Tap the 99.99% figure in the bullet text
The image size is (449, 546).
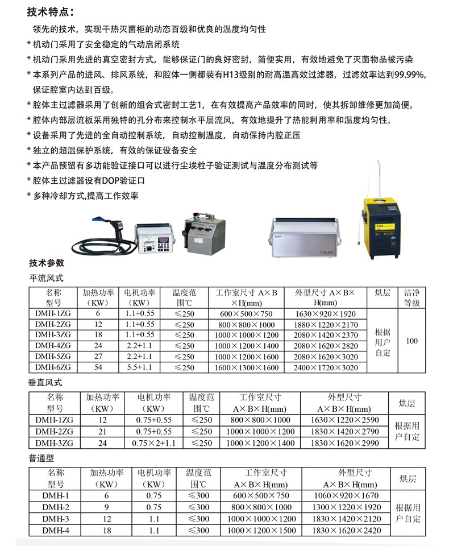point(409,74)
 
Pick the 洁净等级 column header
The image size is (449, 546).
point(412,297)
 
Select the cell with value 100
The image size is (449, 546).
point(412,341)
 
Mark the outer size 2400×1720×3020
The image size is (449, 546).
point(326,367)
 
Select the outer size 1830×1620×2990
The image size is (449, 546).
point(344,442)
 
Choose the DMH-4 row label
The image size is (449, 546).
point(56,530)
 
